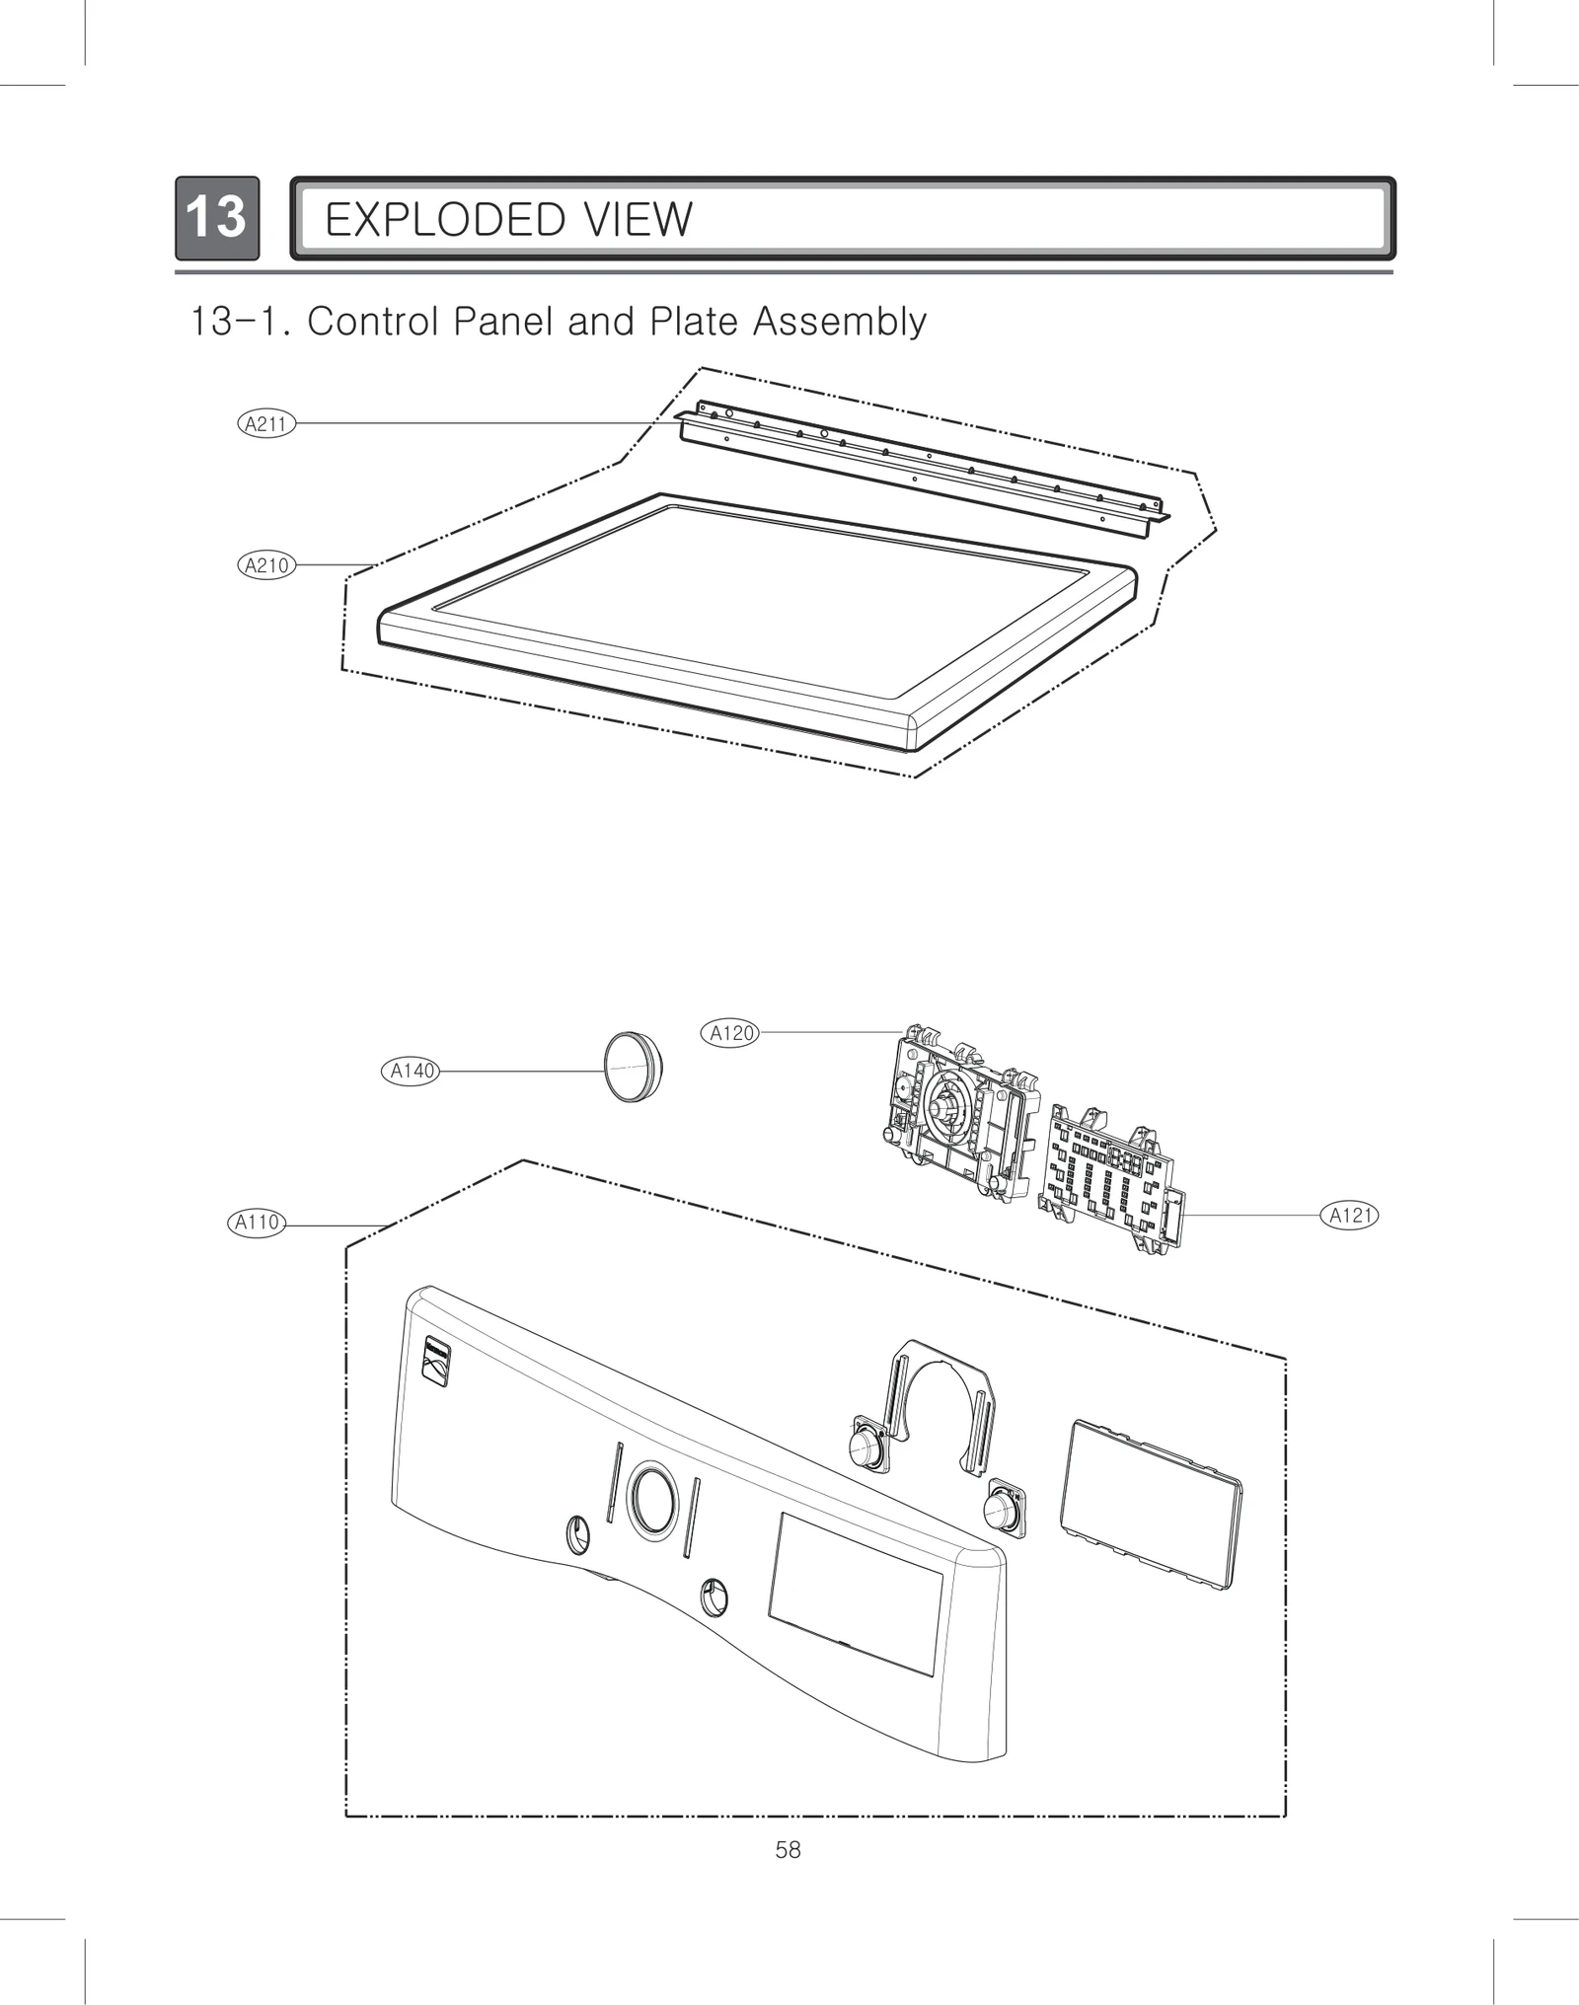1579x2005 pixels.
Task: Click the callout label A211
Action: pos(266,424)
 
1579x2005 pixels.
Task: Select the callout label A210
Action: pos(266,565)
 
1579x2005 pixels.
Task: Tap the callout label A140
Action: pos(411,1071)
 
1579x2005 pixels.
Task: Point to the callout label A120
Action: pos(731,1033)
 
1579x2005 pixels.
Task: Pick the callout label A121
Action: pos(1349,1216)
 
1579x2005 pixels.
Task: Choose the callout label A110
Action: pos(257,1223)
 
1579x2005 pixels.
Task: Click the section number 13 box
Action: pos(217,218)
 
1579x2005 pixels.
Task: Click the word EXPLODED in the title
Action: pos(445,220)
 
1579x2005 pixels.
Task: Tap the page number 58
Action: pos(788,1850)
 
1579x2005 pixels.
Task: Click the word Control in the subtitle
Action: pos(372,322)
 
